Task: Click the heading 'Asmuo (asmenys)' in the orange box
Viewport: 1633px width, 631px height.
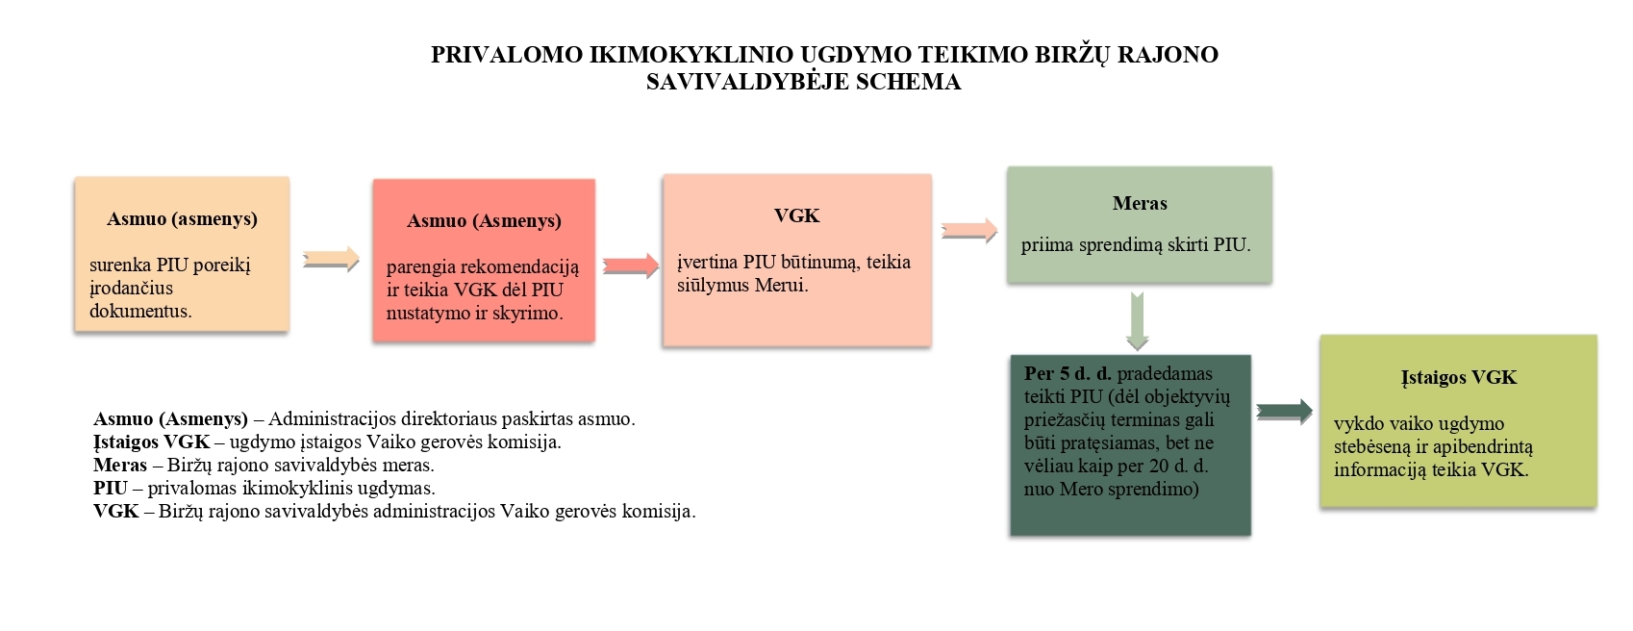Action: click(183, 219)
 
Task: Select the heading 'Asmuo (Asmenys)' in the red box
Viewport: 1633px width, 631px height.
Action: click(484, 221)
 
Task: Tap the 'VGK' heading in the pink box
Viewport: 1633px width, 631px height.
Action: click(797, 215)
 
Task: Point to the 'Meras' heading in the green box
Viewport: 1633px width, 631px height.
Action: click(1140, 204)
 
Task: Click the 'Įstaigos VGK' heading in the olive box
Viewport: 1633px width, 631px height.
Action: click(1458, 377)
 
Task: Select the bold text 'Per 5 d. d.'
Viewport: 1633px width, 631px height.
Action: click(1068, 373)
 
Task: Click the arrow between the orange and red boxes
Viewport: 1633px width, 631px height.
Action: click(331, 259)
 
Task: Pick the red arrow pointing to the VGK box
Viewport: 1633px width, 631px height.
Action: click(631, 265)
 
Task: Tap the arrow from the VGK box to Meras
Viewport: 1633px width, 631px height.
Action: click(968, 231)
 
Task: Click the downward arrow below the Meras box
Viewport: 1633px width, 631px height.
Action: click(1138, 321)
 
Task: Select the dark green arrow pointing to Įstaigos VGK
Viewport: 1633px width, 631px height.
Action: click(1284, 412)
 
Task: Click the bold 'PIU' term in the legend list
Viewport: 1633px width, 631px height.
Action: click(110, 488)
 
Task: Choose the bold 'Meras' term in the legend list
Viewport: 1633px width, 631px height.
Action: click(120, 466)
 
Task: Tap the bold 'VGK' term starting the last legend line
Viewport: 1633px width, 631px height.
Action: click(116, 512)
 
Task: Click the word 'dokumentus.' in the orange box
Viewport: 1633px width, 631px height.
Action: click(140, 312)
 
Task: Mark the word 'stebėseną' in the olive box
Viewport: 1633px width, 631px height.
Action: click(1370, 446)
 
